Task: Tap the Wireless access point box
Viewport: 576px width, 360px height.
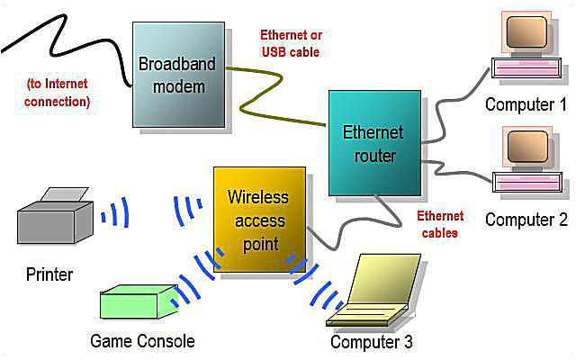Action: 256,220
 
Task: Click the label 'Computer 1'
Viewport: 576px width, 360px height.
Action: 519,104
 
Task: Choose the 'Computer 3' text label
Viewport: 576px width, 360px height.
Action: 372,342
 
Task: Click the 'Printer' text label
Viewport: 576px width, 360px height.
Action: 49,273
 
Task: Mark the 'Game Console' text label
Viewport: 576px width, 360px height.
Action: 142,341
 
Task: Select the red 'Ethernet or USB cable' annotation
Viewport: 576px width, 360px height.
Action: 291,44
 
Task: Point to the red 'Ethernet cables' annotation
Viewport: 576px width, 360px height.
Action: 440,224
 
